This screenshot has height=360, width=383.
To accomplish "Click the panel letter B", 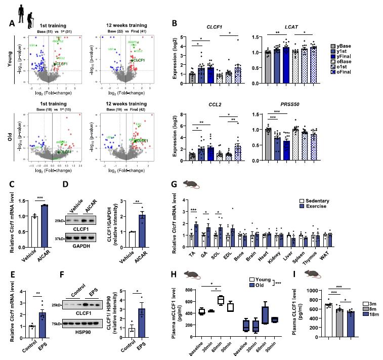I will pos(175,23).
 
